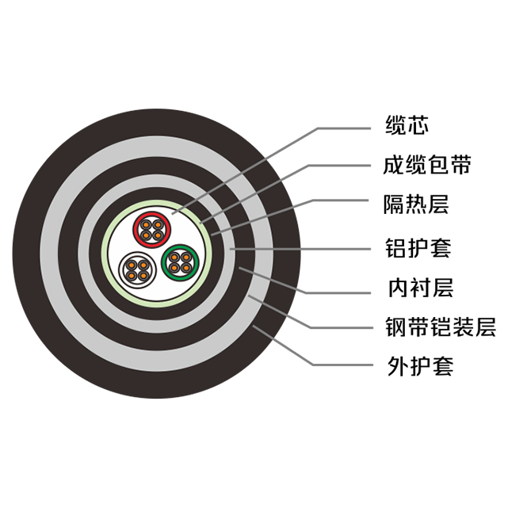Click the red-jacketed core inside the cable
coord(150,231)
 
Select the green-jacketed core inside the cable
coord(178,262)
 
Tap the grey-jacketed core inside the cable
coord(136,269)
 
